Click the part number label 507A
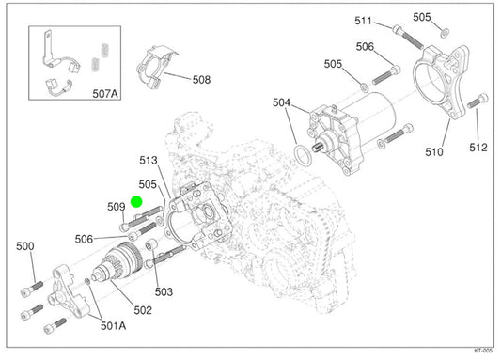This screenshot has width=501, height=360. [x=105, y=94]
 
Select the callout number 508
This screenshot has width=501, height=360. [x=201, y=80]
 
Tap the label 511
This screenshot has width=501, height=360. [x=363, y=21]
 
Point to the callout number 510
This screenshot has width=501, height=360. [x=434, y=151]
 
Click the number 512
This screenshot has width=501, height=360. [x=478, y=148]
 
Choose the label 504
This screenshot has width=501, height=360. [x=281, y=102]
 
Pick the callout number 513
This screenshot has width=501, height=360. [x=149, y=160]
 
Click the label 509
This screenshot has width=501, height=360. [x=117, y=207]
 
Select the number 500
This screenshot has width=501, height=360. [x=25, y=246]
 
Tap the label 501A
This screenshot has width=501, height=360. [x=114, y=325]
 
